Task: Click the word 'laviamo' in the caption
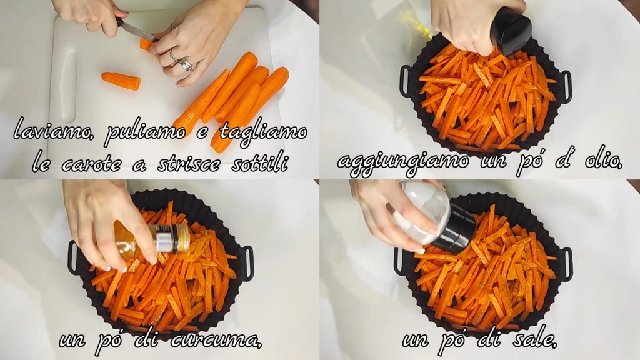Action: [x=53, y=131]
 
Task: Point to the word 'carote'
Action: [x=92, y=164]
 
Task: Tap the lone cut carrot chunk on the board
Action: [x=121, y=81]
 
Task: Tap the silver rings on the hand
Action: [x=182, y=61]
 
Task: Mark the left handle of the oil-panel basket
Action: [x=405, y=81]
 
